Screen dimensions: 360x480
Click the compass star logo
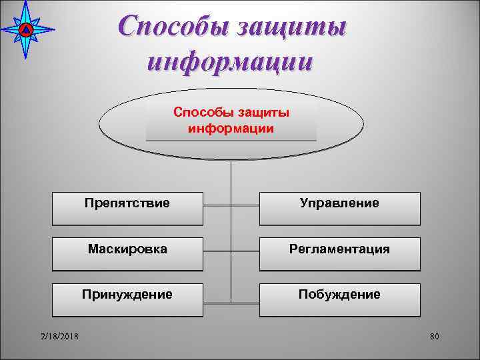pos(25,30)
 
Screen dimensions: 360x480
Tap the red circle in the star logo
pos(25,30)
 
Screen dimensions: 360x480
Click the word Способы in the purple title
pos(171,28)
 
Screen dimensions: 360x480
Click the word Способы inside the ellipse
pos(201,113)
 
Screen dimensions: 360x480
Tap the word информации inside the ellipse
pos(231,128)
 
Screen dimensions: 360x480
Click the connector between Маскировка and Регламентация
pos(231,253)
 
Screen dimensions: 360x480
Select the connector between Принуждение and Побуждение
pos(231,298)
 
